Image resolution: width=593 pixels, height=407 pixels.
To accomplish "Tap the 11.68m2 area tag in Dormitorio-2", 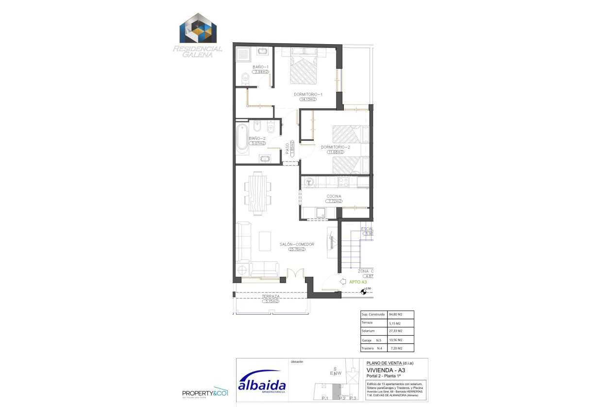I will (336, 152).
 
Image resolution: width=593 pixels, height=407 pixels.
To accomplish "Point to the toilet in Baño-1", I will (244, 78).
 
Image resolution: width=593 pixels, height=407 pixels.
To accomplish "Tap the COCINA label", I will (334, 196).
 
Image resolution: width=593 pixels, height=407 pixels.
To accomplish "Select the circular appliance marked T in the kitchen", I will (308, 183).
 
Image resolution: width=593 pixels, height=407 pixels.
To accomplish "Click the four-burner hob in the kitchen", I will (344, 182).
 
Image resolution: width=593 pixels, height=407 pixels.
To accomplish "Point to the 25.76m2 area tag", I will (297, 250).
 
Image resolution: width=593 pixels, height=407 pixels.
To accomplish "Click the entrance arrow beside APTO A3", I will (342, 281).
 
